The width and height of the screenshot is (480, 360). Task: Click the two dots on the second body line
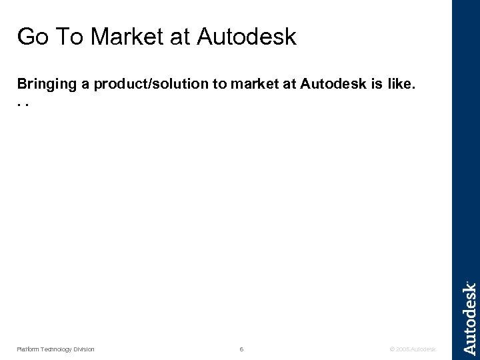pyautogui.click(x=23, y=104)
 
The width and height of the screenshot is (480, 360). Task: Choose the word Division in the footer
pyautogui.click(x=83, y=349)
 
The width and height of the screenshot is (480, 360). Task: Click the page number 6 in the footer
pyautogui.click(x=241, y=349)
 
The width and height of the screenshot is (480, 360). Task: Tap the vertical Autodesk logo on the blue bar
pyautogui.click(x=469, y=318)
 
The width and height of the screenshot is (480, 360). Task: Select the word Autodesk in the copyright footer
pyautogui.click(x=423, y=349)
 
